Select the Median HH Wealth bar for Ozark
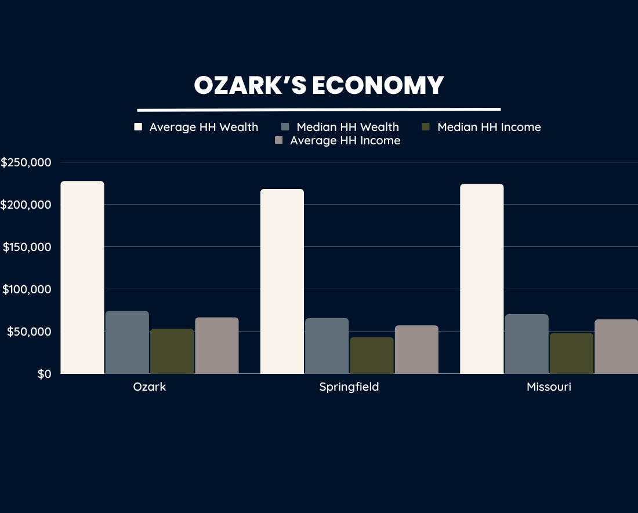[x=127, y=342]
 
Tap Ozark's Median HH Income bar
[x=172, y=351]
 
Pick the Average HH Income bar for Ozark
[x=216, y=345]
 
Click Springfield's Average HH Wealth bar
[x=282, y=281]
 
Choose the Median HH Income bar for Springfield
[x=371, y=355]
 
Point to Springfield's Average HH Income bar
[x=416, y=350]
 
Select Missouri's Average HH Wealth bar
[x=481, y=279]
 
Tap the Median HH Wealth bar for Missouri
[x=526, y=344]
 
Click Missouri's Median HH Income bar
[x=571, y=353]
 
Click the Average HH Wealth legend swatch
[x=138, y=127]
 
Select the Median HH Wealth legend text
[x=347, y=127]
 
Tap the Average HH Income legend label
[x=345, y=141]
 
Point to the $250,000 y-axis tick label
[x=27, y=163]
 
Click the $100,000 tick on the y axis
[x=27, y=289]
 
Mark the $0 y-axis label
[x=44, y=374]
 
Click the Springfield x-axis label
[x=349, y=387]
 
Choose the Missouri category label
[x=549, y=387]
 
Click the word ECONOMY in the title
[x=378, y=86]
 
